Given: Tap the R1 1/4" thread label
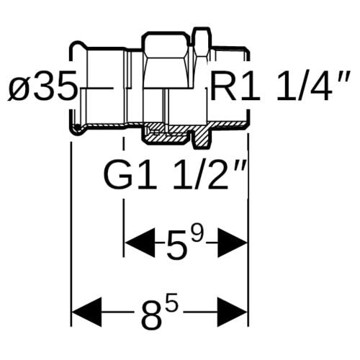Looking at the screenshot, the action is tap(280, 85).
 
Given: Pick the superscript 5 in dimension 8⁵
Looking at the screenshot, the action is tap(173, 301).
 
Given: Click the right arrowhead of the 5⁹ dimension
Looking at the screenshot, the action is tap(233, 243).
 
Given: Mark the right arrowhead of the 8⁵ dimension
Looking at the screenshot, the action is tap(233, 312).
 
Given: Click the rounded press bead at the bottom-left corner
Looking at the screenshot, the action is tap(77, 128).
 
